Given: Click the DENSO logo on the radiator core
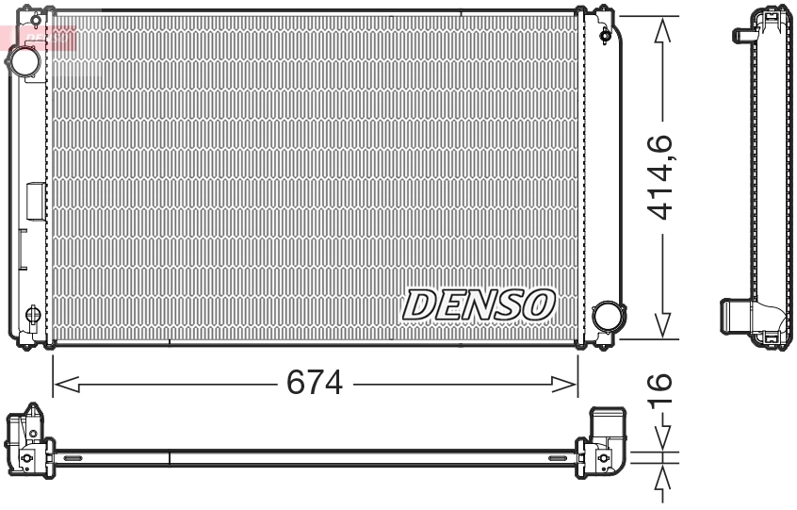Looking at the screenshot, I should (x=478, y=304).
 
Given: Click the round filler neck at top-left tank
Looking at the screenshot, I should (x=23, y=61).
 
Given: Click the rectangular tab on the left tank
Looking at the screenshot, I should (x=36, y=202).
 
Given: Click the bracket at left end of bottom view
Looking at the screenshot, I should (x=24, y=438).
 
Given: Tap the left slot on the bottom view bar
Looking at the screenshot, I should (x=73, y=458).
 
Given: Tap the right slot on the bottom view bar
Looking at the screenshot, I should (x=558, y=458).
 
